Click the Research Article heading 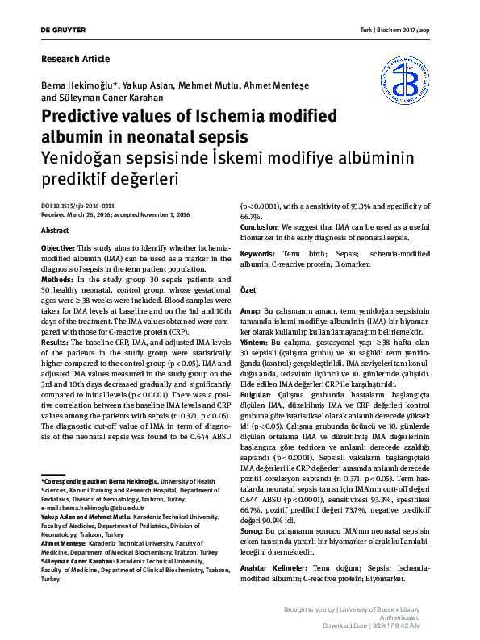click(75, 59)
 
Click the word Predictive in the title click(84, 115)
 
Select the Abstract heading click(55, 231)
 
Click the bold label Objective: click(58, 247)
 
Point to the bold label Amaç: click(251, 310)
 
